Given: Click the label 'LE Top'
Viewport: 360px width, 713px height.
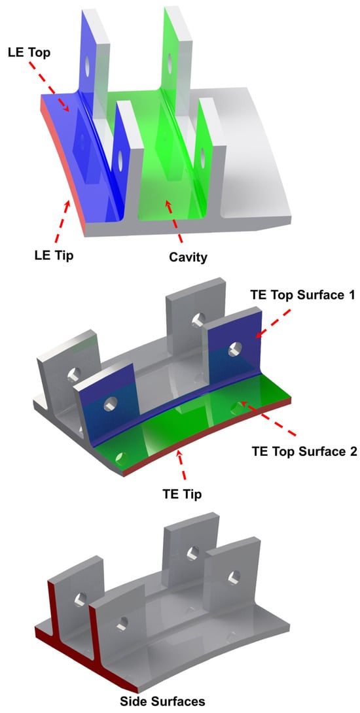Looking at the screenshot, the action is coord(29,52).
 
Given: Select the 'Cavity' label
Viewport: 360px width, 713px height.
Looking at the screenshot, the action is coord(188,257).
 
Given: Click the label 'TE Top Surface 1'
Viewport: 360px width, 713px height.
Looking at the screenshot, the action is coord(302,294).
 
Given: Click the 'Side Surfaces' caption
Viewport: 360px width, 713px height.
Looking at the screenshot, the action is coord(162,702).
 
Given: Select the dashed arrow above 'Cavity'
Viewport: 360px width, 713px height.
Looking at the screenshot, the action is coord(174,222).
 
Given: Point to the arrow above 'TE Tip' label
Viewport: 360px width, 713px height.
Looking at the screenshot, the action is coord(182,464).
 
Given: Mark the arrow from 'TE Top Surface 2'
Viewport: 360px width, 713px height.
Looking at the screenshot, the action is coord(268,417).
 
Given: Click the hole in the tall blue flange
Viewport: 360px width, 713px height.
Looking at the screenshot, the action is coord(86,67).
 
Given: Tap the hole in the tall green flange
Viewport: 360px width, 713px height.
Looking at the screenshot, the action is coord(170,63).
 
